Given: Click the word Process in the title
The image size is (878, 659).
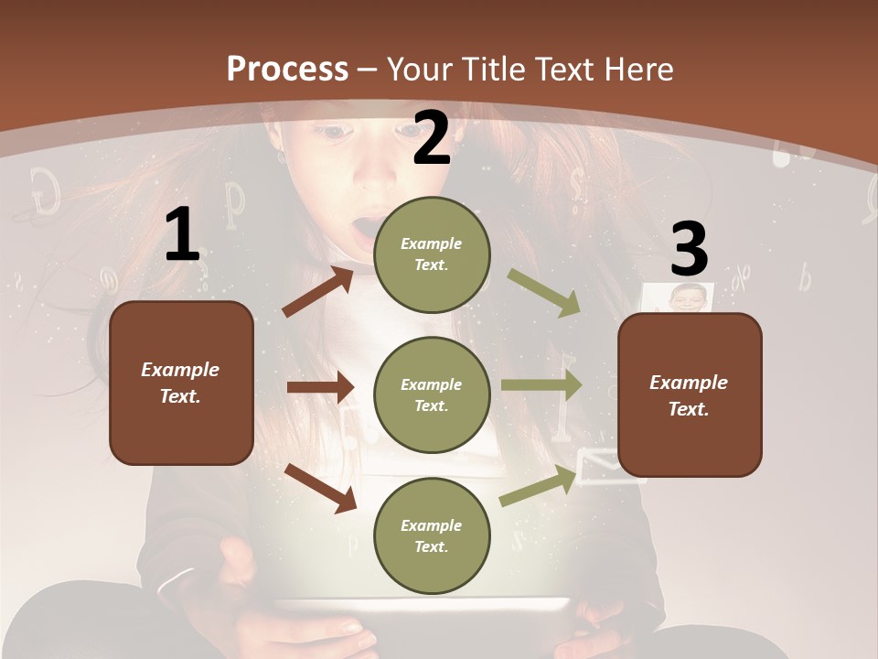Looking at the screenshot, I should click(287, 69).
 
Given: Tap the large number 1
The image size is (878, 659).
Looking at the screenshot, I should click(182, 234).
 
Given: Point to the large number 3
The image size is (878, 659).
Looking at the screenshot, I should click(690, 249).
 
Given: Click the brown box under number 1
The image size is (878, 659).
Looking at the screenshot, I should click(181, 383).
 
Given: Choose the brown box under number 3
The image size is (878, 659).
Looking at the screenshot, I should click(690, 394).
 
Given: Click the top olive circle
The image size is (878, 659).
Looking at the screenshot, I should click(432, 254).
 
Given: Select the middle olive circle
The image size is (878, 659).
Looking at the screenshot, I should click(432, 394).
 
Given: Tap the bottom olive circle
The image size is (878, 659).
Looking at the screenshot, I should click(432, 535).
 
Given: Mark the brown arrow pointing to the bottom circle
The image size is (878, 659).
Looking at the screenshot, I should click(320, 488).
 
